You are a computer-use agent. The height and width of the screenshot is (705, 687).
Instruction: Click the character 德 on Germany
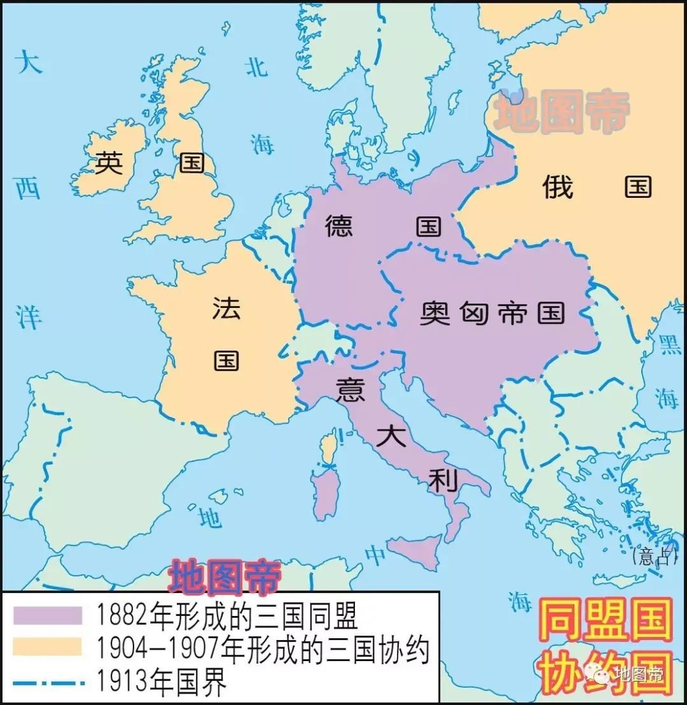tap(339, 226)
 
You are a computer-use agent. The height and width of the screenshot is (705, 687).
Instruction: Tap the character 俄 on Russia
tap(558, 187)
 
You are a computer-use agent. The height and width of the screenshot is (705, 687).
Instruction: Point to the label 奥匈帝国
tap(493, 313)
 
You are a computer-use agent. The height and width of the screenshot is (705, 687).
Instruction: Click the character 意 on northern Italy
tap(350, 389)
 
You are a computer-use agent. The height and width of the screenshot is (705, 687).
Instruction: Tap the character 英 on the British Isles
tap(109, 164)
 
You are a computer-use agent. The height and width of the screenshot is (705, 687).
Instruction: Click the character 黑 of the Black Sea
tap(670, 344)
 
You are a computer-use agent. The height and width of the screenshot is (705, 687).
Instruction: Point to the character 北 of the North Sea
tap(256, 66)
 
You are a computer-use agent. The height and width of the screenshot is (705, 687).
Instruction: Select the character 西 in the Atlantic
tap(28, 189)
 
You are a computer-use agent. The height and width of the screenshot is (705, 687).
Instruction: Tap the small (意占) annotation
tap(651, 557)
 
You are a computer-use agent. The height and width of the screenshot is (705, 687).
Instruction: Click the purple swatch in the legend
tap(48, 615)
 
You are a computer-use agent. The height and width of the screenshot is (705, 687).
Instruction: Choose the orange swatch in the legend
tap(48, 646)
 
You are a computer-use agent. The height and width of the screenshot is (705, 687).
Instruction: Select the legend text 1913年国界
tap(162, 683)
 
